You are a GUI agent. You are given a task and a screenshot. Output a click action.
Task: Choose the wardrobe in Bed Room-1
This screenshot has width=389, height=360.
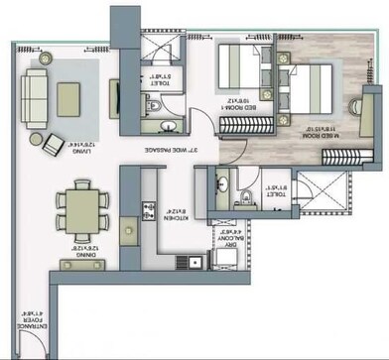pos(241,127)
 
